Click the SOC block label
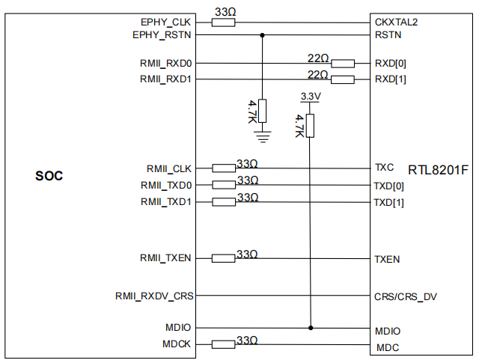point(49,177)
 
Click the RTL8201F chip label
point(439,169)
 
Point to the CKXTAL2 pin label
point(397,22)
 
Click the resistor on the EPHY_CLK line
point(224,22)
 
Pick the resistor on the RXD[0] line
point(343,64)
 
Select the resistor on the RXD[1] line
point(343,79)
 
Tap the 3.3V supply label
point(310,97)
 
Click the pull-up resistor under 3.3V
point(310,126)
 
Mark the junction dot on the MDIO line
point(310,328)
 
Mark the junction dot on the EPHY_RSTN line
point(262,35)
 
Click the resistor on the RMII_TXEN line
point(224,258)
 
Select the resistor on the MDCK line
point(224,344)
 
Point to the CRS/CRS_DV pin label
point(406,296)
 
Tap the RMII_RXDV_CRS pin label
point(155,296)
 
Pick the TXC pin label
point(384,167)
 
